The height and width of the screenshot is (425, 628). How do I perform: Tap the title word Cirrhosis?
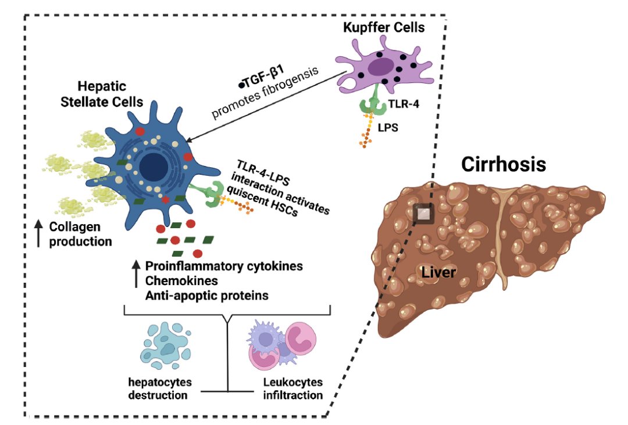pyautogui.click(x=504, y=164)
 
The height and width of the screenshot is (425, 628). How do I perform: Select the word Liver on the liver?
pyautogui.click(x=439, y=272)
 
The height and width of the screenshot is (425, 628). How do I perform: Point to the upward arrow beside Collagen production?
pyautogui.click(x=38, y=233)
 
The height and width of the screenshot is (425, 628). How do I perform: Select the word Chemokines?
pyautogui.click(x=173, y=280)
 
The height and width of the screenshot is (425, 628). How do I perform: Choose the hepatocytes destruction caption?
pyautogui.click(x=159, y=389)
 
